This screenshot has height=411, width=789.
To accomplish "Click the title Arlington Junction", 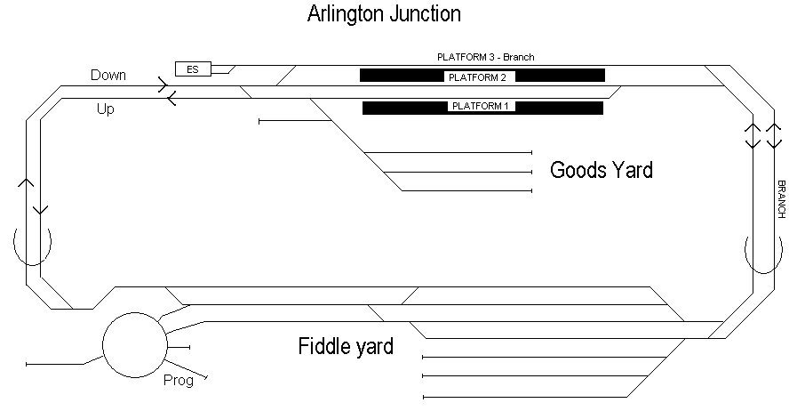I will point(384,14).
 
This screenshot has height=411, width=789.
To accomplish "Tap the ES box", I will point(193,68).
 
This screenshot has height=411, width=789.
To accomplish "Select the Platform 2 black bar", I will point(482,76).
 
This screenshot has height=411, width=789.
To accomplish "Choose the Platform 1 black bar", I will point(482,108).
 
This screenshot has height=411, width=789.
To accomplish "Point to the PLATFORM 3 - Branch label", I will point(485,57).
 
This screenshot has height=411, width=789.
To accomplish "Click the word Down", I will point(108,76).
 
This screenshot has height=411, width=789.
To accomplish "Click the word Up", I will point(105,110).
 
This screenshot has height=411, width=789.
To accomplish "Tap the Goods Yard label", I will point(602,170).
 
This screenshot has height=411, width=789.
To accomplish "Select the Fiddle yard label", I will point(346,346).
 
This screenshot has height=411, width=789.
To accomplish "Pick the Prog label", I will point(178,380).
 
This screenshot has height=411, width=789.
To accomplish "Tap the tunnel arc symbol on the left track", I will point(33,245).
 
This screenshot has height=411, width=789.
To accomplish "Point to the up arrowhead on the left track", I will point(27,182).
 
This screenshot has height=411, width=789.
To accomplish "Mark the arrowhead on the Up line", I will point(170,99).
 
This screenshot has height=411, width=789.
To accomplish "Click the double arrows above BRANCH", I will point(763,135).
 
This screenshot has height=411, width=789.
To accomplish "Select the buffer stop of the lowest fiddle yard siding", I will point(425,397).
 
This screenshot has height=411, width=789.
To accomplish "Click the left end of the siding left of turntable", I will point(28,364).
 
